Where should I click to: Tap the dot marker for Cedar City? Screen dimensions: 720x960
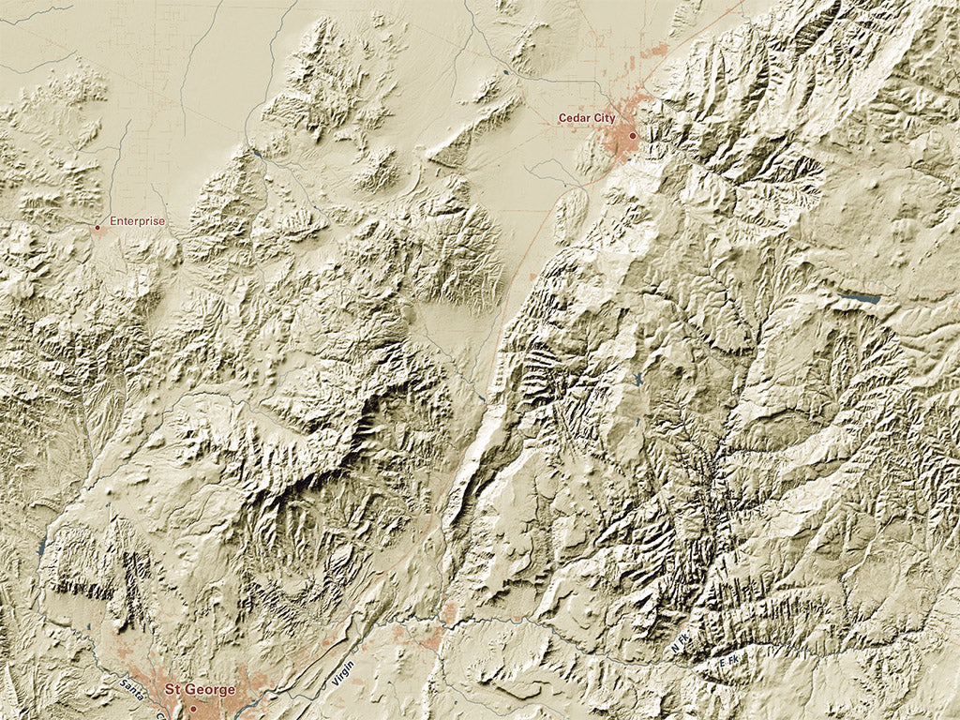click(633, 136)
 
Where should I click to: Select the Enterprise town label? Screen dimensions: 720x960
click(137, 221)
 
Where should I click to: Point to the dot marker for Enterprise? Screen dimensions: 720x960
click(97, 227)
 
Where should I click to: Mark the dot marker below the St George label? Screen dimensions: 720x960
click(193, 708)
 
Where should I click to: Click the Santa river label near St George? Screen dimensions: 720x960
click(130, 691)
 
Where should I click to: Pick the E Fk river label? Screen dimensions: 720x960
click(727, 664)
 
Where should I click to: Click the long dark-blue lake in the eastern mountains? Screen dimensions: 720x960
click(861, 298)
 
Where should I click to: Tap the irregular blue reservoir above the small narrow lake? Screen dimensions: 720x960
click(638, 379)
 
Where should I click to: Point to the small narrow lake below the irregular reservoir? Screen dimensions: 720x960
click(638, 421)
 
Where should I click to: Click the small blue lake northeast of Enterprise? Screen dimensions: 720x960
click(256, 153)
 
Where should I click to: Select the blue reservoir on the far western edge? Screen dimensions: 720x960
click(41, 547)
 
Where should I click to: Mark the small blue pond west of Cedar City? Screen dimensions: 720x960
click(507, 72)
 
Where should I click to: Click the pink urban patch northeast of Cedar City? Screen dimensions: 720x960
click(656, 49)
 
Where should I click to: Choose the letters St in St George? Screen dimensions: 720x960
click(172, 689)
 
